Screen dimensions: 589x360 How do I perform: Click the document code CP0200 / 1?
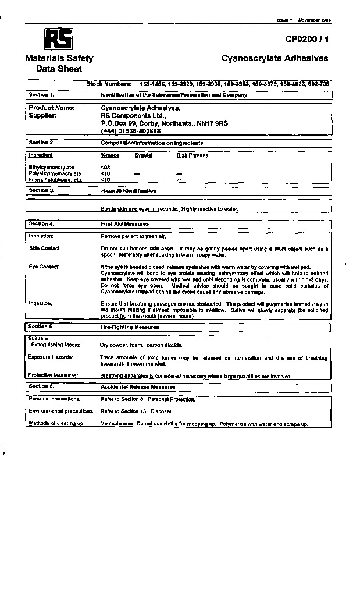coord(306,40)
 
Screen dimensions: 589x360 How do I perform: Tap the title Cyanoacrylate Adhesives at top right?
coord(275,58)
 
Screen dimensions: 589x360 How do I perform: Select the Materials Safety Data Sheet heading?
coord(59,63)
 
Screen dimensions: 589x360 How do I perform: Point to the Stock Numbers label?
coord(109,84)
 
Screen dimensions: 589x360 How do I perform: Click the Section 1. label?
coord(41,94)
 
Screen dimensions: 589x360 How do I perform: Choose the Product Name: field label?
coord(52,108)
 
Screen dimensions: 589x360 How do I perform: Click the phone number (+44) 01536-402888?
coord(131,131)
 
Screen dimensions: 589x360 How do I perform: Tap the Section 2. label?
coord(41,143)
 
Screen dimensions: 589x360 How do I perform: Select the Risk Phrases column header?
coord(192,155)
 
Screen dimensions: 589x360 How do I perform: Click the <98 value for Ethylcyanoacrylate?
coord(105,168)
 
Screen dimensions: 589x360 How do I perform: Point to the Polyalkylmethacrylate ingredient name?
coord(55,173)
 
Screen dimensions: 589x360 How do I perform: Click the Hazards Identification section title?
coord(129,191)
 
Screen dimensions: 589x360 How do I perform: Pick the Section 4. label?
coord(41,223)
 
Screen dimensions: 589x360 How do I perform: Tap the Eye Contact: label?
coord(44,267)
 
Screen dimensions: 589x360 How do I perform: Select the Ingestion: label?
coord(40,303)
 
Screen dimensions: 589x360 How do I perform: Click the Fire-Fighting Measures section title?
coord(130,327)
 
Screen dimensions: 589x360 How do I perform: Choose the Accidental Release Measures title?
coord(138,386)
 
